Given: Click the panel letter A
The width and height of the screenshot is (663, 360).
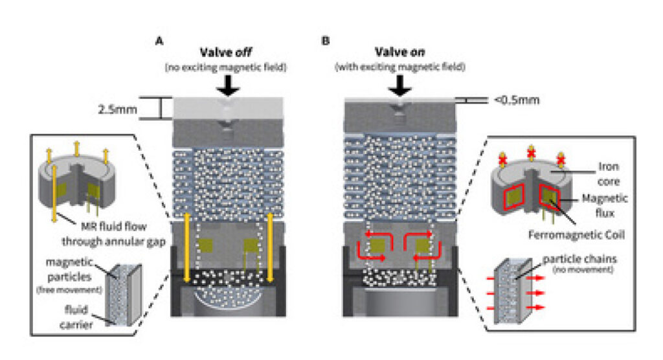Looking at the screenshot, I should pyautogui.click(x=158, y=40).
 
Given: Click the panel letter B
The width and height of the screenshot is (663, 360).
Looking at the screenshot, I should pyautogui.click(x=326, y=40).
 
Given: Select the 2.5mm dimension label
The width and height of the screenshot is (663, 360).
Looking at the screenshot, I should pyautogui.click(x=119, y=109).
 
